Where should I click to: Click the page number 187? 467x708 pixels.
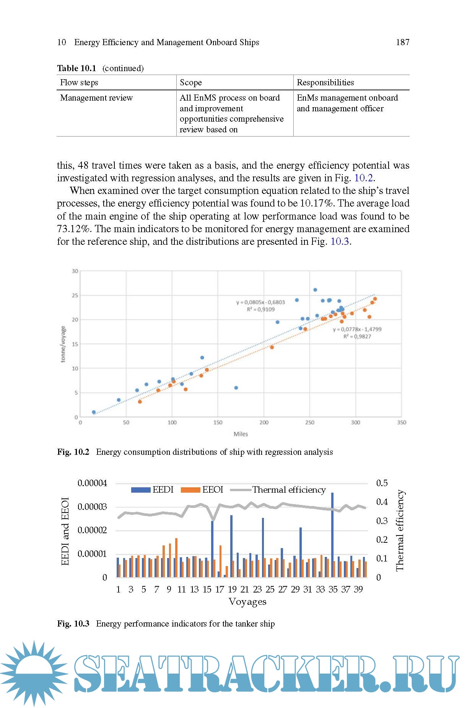click(402, 42)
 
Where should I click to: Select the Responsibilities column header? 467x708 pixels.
click(325, 83)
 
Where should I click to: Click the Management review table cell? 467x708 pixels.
click(96, 98)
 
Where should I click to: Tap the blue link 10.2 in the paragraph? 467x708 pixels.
click(363, 178)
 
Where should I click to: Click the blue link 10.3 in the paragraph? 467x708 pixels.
click(340, 242)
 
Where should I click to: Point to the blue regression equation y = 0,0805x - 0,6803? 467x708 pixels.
click(260, 302)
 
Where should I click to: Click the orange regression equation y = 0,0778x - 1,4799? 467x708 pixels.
click(357, 329)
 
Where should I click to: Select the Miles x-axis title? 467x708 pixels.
click(241, 434)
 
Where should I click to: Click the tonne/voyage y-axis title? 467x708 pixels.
click(63, 344)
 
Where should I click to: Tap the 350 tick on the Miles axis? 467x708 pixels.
click(402, 423)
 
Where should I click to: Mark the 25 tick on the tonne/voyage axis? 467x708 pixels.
click(75, 295)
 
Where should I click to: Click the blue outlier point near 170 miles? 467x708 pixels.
click(236, 388)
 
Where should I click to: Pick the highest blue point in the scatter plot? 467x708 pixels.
click(315, 290)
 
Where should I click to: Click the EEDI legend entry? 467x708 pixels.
click(152, 490)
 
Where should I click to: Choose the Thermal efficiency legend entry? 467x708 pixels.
click(283, 490)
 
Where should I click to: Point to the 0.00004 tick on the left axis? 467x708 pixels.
click(92, 483)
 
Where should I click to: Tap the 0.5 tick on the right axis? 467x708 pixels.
click(382, 483)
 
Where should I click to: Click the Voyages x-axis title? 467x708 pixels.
click(247, 602)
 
